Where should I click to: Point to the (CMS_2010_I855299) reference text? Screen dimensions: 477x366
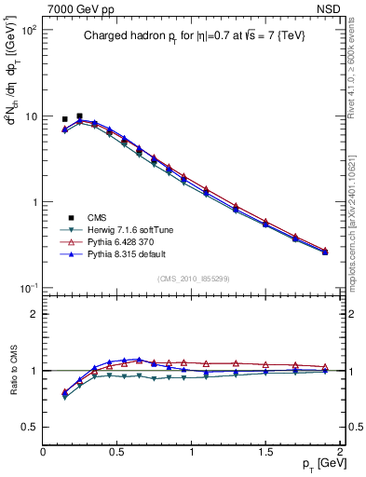[x=193, y=278]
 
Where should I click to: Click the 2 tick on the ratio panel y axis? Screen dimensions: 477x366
[x=33, y=314]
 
